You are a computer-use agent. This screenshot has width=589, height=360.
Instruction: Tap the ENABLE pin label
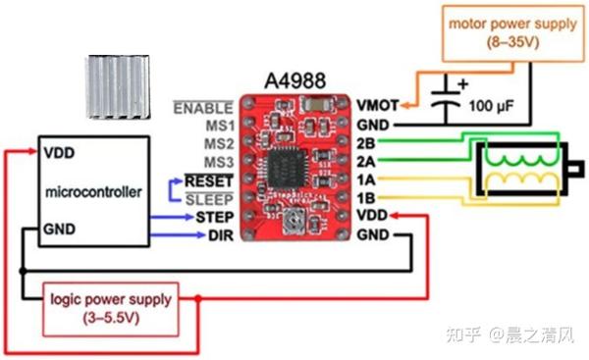point(203,107)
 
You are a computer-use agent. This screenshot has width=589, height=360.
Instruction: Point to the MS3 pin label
point(217,161)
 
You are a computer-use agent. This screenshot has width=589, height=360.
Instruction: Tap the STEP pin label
point(213,216)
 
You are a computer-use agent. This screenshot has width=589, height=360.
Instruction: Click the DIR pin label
point(219,234)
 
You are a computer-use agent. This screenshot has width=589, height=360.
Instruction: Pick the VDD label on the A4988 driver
point(372,216)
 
